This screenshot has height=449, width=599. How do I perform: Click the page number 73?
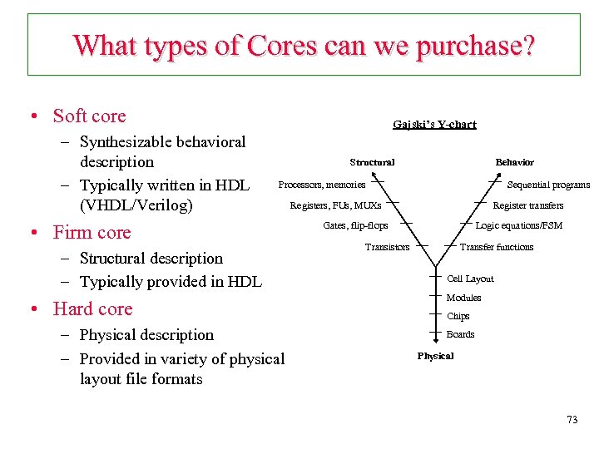(x=572, y=420)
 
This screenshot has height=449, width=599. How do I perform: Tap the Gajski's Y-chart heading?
(x=434, y=125)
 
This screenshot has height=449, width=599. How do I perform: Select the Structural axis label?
(x=372, y=162)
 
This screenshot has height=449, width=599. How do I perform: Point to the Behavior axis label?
(x=514, y=162)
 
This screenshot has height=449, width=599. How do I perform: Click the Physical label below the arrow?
(x=435, y=356)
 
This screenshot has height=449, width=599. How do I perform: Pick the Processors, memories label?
(x=321, y=185)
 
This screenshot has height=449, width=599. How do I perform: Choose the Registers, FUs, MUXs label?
(x=335, y=205)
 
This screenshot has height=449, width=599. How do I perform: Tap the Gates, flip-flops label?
(x=354, y=226)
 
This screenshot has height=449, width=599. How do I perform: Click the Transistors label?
(x=387, y=247)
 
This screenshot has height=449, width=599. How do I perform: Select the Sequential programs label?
(x=548, y=185)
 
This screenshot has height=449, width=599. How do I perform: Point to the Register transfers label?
(x=528, y=205)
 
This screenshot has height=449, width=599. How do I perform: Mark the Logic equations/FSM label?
(x=518, y=226)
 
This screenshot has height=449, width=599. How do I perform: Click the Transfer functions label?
(x=497, y=247)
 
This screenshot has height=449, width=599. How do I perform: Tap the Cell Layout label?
(x=470, y=279)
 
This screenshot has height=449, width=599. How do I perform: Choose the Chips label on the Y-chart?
(x=458, y=316)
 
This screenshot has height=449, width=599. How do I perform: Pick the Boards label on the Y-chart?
(x=460, y=334)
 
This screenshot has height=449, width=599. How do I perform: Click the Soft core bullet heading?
(x=89, y=116)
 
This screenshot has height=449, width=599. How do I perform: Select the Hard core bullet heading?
(x=92, y=308)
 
